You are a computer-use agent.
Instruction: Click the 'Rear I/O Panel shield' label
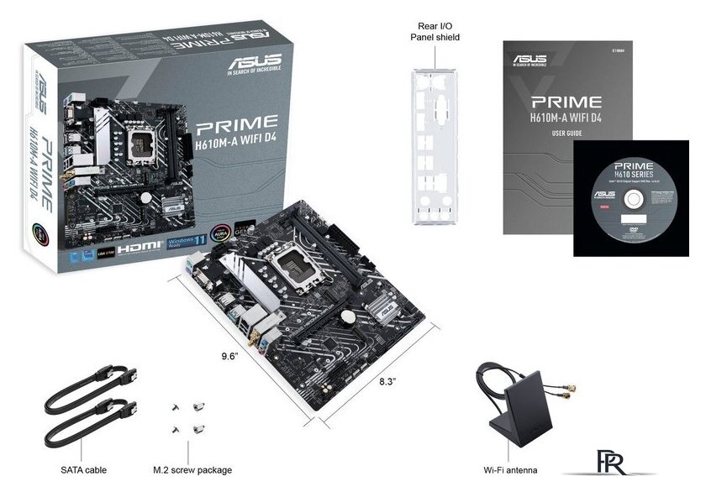tap(435, 31)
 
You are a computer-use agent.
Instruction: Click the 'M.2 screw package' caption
tap(192, 470)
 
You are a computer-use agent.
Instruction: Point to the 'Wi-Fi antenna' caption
tap(510, 470)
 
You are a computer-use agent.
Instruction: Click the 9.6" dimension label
tap(224, 356)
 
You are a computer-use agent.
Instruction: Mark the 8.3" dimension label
tap(387, 380)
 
